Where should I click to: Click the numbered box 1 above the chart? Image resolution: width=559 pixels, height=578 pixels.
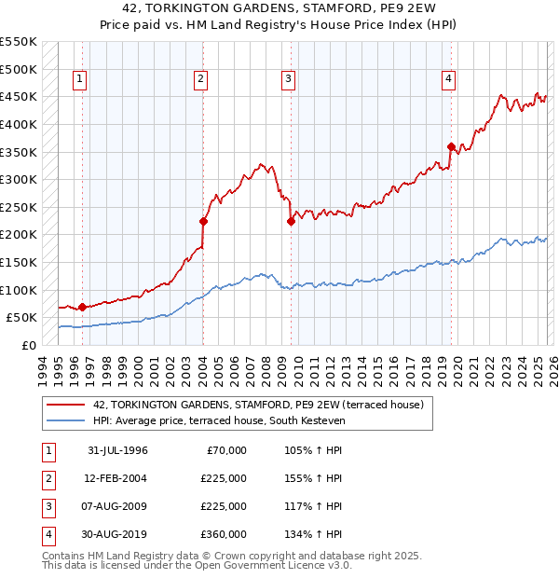[80, 80]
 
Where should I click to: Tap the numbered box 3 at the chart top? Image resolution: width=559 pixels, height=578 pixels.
[289, 80]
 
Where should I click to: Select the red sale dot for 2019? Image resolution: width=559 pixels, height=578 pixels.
[451, 146]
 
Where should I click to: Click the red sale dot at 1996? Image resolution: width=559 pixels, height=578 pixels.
[82, 307]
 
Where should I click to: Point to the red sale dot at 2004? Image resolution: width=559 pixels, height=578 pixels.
[202, 221]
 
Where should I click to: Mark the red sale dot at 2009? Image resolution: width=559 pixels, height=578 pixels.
[291, 221]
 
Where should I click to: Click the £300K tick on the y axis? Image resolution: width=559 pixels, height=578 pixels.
[18, 179]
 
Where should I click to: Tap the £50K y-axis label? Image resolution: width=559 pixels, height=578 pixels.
[21, 318]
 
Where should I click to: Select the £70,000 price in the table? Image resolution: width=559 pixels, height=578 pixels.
[225, 450]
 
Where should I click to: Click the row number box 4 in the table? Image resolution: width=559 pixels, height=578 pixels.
[46, 534]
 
